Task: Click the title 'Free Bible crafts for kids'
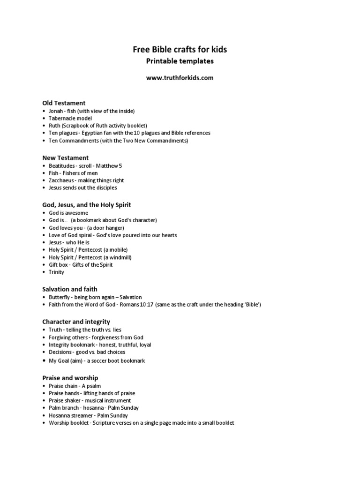coord(180,49)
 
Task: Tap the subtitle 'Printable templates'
coord(180,61)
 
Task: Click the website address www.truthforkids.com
coord(180,78)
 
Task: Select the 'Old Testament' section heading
coord(64,103)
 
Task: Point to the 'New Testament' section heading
coord(65,158)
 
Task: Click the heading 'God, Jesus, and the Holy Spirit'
coord(86,205)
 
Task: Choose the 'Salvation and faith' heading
coord(70,289)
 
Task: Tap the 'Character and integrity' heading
coord(76,322)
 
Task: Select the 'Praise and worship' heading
coord(70,378)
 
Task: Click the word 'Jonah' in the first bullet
coord(56,111)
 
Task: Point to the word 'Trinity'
coord(57,272)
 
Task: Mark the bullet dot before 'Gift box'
coord(44,265)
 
